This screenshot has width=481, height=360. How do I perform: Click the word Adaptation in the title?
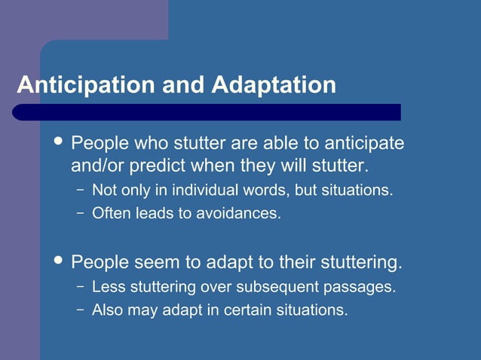[x=274, y=84]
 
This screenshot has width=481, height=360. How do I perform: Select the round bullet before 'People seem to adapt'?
[x=57, y=261]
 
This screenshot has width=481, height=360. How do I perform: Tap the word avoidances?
[x=238, y=213]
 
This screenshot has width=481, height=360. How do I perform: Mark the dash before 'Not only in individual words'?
[x=81, y=190]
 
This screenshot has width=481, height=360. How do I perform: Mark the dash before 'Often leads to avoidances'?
[x=81, y=213]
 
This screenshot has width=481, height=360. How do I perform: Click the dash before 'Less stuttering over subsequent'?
[x=81, y=287]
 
